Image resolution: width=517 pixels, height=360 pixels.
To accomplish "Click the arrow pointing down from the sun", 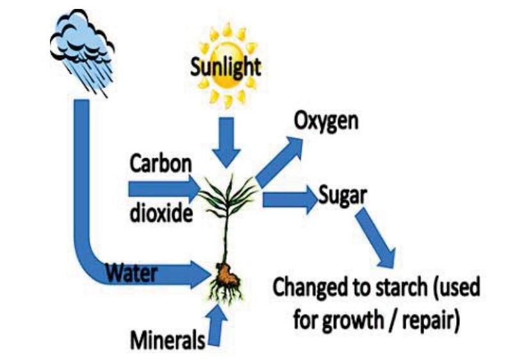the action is point(226,142).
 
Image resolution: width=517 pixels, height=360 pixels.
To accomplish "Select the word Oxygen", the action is point(325,121).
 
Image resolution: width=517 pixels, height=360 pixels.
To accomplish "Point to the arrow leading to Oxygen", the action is point(279,162).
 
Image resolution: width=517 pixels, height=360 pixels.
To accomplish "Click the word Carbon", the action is point(161,164).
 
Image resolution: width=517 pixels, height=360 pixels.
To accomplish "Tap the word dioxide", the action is point(161,213).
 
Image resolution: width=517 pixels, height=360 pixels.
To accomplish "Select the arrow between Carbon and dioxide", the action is point(165,189).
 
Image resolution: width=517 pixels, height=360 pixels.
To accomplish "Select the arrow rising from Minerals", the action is point(217,324).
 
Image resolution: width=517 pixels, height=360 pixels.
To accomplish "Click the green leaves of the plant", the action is point(228,196).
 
